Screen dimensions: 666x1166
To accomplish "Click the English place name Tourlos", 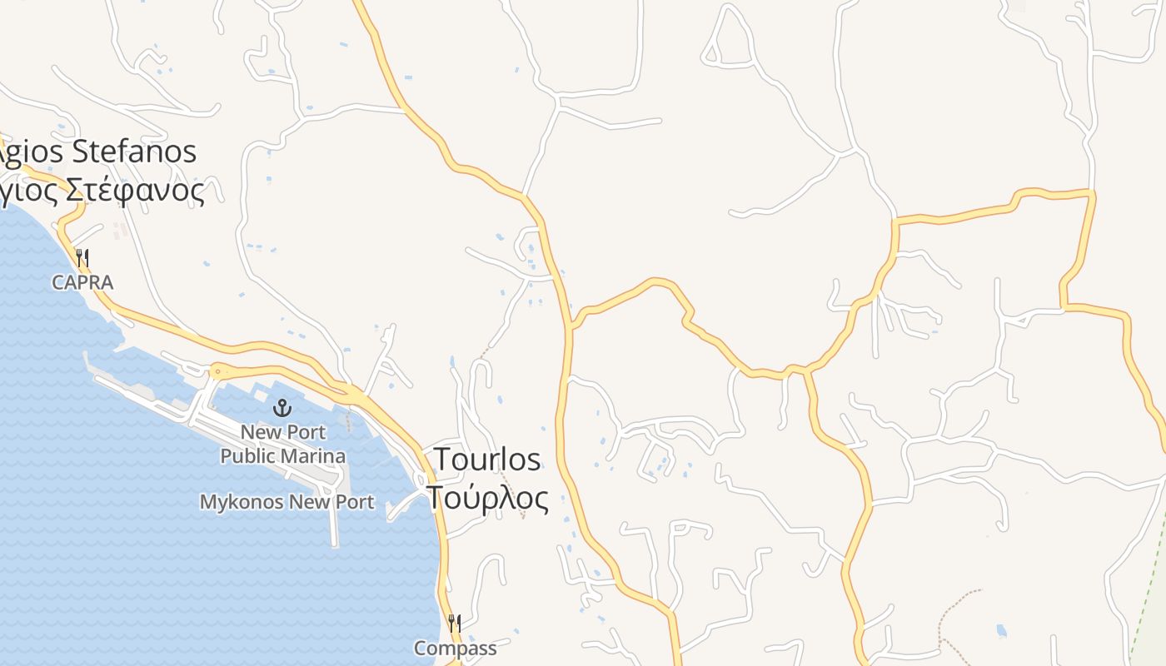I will pos(487,460).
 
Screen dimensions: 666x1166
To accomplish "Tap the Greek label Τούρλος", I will pos(488,498).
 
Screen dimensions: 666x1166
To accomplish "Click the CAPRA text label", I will pos(82,283).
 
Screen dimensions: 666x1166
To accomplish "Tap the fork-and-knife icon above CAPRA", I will pos(82,258).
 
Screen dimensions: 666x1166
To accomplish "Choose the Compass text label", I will pos(455,648).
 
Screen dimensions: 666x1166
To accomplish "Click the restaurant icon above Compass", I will pos(455,623).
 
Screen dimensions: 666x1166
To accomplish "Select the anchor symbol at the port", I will pos(282,408).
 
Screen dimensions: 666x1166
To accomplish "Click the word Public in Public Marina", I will pos(248,456).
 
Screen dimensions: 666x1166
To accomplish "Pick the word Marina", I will pos(313,456).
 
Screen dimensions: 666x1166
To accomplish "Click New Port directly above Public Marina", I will pos(283,432).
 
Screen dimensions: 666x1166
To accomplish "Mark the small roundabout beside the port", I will pos(218,370).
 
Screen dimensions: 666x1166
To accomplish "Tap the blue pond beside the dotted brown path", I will pos(1001,630).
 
